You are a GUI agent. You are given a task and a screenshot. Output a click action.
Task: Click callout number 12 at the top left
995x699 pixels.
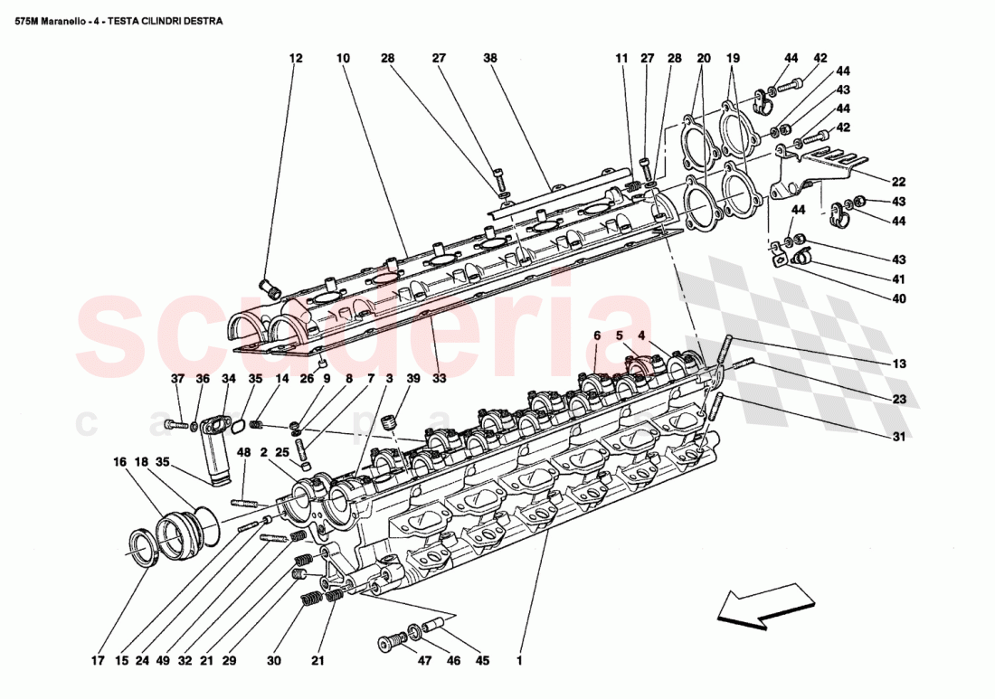pos(296,58)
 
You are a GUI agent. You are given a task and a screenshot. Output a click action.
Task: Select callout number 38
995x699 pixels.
pos(490,58)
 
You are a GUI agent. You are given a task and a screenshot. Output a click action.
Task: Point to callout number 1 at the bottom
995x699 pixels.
pos(519,661)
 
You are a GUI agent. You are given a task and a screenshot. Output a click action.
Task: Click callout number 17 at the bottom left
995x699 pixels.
pos(98,661)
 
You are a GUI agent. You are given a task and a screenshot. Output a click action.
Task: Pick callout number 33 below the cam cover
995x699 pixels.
pos(439,379)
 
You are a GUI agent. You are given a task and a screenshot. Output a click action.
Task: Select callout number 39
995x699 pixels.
pos(412,379)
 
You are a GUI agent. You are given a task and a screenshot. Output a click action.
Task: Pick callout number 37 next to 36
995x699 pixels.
pos(177,379)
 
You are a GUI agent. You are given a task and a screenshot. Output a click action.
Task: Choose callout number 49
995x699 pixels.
pos(163,661)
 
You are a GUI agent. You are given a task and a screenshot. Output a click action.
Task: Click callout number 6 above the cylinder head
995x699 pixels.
pos(598,335)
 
